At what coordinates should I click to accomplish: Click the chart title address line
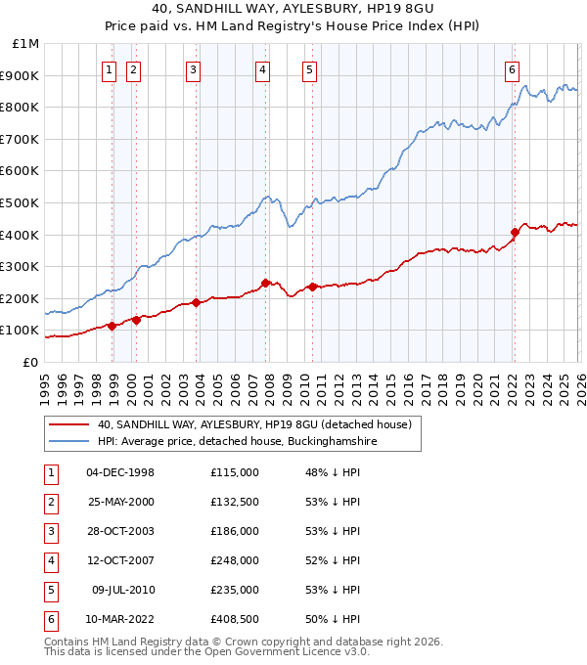tap(293, 10)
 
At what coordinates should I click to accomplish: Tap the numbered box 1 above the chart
tap(108, 68)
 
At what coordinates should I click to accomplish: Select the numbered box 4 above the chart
tap(263, 68)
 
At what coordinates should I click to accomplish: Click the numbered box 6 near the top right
tap(512, 68)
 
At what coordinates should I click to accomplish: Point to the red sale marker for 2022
tap(515, 232)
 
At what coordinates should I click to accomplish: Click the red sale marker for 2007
tap(265, 283)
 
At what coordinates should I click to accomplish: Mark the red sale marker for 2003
tap(197, 302)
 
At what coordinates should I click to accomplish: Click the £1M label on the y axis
tap(25, 44)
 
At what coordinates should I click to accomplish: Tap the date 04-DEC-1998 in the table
tap(120, 472)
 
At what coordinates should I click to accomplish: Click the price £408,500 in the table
tap(235, 619)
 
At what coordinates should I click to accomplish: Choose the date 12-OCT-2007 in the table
tap(120, 560)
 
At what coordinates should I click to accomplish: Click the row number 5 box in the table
tap(50, 590)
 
